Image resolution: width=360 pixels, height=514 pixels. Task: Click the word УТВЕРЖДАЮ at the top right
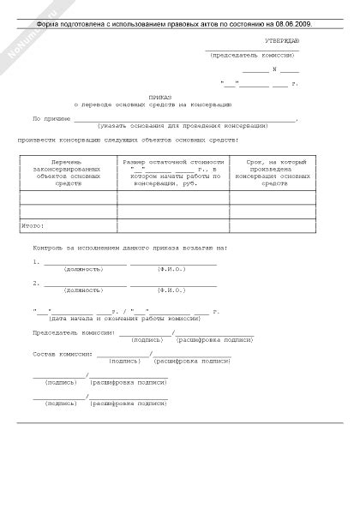tap(282, 40)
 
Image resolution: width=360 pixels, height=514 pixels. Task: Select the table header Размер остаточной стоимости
tap(172, 161)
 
